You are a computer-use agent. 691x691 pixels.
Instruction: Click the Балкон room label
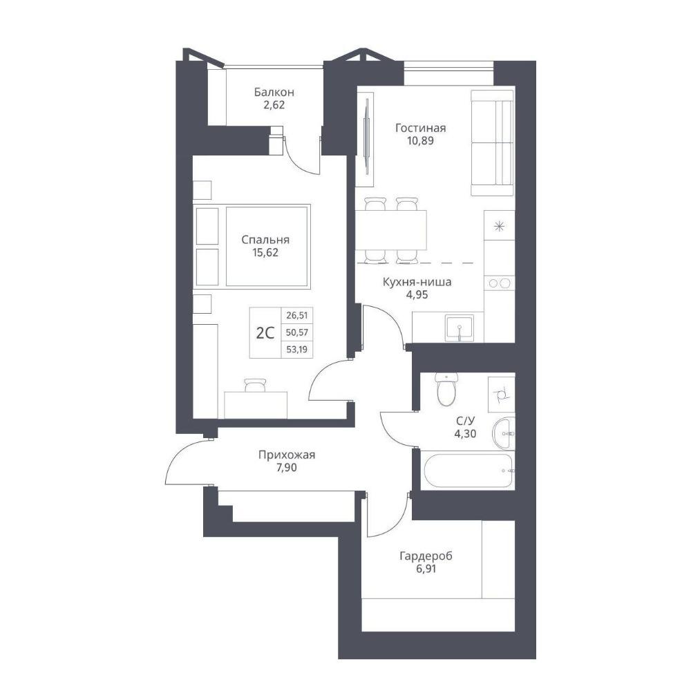point(274,93)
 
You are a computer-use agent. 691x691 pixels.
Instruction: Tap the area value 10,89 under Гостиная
point(420,141)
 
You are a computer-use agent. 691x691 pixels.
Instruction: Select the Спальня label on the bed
point(265,240)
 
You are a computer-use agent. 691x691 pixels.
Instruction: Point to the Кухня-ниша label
point(417,282)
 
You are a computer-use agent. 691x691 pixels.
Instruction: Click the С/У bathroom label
point(465,421)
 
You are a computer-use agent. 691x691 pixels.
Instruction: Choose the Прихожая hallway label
point(287,455)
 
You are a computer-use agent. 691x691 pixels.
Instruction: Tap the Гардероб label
point(426,556)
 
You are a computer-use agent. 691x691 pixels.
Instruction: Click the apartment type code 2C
point(265,333)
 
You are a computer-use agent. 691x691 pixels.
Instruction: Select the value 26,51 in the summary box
point(297,316)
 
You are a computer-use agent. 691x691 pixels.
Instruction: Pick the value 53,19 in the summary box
point(297,350)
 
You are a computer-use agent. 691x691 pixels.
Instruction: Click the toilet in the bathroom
point(447,388)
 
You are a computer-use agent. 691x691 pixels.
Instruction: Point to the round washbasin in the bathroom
point(503,433)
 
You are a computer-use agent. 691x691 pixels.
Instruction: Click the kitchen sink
point(460,328)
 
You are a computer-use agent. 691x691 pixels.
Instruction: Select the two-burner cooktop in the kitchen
point(500,283)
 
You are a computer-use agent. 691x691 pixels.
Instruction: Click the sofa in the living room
point(493,143)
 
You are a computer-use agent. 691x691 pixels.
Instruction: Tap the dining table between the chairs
point(391,230)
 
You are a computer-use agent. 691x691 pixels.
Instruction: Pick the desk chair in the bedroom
point(256,385)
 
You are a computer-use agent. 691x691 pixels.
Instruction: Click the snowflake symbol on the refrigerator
point(500,227)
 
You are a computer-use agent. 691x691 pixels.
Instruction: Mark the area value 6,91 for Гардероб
point(426,569)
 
